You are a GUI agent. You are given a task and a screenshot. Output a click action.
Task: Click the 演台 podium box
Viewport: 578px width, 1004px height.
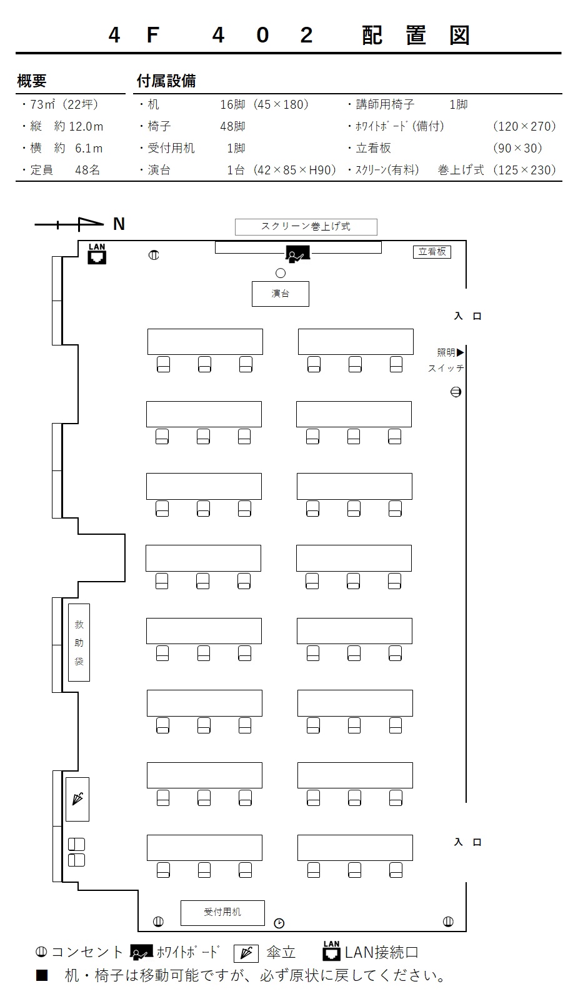click(281, 294)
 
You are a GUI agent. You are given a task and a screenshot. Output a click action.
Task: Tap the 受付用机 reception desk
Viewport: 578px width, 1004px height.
click(222, 913)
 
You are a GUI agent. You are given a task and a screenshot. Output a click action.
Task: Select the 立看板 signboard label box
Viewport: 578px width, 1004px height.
click(432, 252)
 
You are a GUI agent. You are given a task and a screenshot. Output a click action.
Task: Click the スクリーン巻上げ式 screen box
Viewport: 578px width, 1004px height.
click(306, 227)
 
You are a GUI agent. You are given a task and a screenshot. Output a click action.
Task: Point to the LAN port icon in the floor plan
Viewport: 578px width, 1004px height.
click(97, 254)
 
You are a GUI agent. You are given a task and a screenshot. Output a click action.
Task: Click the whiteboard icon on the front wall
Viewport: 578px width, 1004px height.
click(297, 254)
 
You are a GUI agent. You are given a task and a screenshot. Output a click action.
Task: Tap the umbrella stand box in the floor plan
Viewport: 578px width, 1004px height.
click(77, 799)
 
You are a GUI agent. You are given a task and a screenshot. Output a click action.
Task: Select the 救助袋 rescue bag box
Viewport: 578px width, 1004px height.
click(79, 642)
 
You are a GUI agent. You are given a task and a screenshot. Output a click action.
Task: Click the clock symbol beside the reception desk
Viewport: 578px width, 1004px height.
click(279, 923)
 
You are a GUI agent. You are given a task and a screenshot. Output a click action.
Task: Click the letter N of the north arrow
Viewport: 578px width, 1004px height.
click(119, 224)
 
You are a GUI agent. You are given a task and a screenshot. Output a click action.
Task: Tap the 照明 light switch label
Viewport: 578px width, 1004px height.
click(446, 352)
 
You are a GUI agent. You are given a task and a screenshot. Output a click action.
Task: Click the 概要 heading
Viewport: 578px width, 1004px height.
click(32, 81)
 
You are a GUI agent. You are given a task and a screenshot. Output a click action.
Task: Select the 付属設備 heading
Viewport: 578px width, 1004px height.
click(166, 81)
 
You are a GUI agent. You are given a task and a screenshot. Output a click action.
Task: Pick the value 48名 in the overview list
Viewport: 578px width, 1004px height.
click(87, 170)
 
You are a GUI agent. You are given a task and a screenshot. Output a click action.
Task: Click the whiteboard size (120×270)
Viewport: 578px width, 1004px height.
click(524, 126)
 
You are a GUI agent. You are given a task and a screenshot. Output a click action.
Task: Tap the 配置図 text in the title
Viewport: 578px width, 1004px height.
click(416, 35)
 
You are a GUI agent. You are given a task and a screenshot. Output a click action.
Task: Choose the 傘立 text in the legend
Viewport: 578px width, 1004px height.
click(281, 952)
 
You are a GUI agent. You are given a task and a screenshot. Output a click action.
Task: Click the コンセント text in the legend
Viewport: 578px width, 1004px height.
click(87, 952)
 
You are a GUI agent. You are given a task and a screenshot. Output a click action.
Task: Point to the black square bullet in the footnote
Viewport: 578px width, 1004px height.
click(42, 975)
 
